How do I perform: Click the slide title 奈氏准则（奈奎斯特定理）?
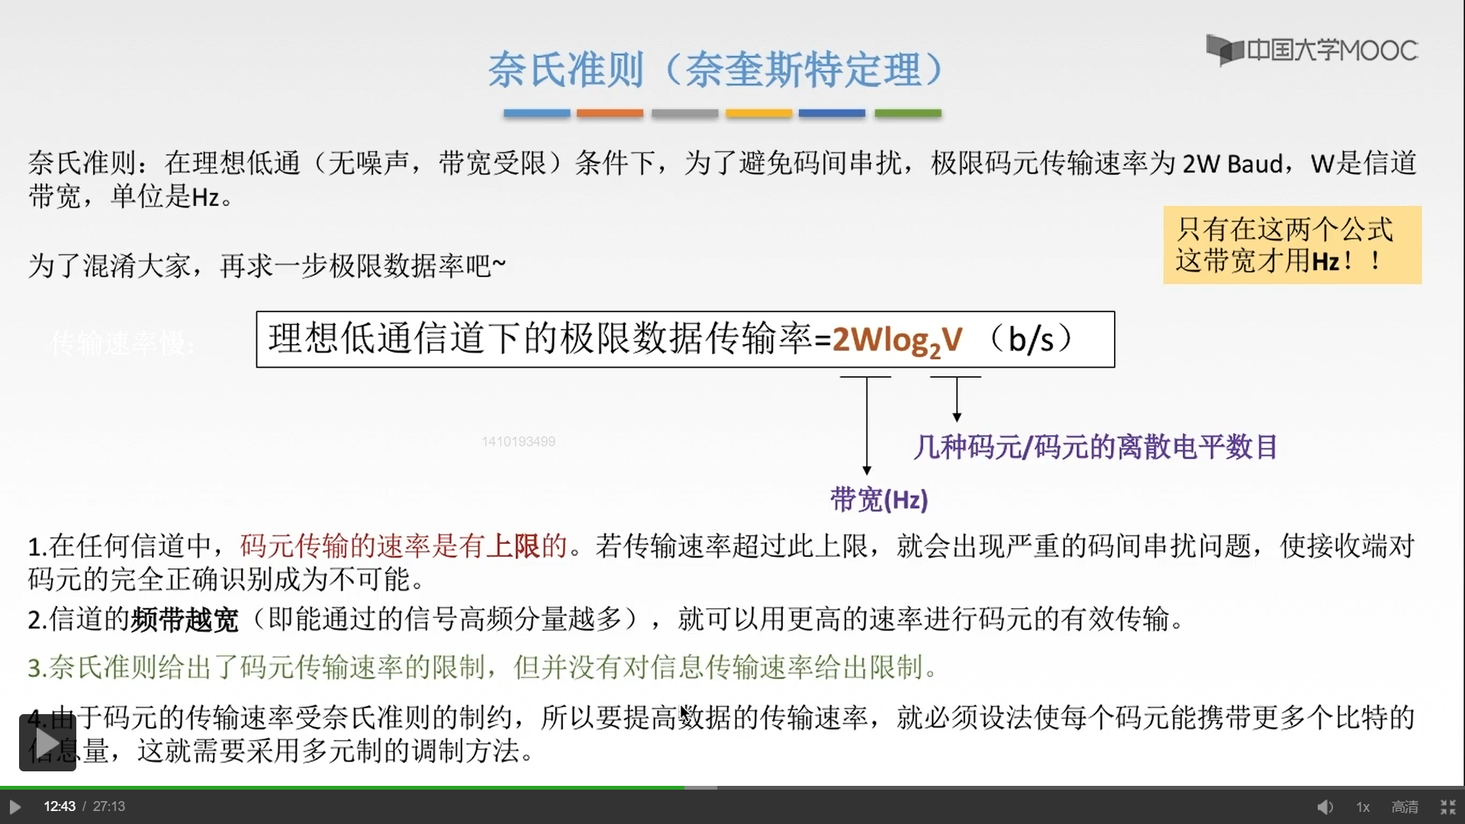716,70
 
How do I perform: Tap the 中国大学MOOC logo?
1312,50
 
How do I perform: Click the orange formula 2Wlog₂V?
897,340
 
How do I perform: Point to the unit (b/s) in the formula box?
1032,339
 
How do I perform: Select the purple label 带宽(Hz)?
879,500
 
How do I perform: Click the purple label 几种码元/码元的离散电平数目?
1096,447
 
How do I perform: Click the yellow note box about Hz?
1292,245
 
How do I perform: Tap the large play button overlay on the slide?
47,742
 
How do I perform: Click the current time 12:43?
60,806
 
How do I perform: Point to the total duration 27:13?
109,806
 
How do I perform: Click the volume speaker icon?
1325,806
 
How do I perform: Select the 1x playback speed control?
1363,806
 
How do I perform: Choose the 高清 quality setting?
1405,806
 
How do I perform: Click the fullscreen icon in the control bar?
1447,806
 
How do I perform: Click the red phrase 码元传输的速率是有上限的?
404,546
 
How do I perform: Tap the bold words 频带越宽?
184,620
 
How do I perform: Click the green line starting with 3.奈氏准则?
482,668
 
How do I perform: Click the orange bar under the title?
610,113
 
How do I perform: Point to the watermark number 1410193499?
518,442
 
